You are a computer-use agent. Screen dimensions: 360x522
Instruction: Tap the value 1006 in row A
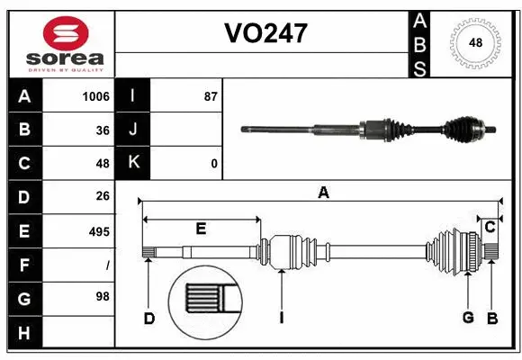(94, 96)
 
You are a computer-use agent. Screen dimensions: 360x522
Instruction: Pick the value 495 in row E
(98, 231)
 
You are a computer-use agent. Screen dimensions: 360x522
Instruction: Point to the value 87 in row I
(210, 96)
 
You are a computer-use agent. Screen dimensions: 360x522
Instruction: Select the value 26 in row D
(102, 197)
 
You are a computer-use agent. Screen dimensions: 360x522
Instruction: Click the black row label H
(24, 333)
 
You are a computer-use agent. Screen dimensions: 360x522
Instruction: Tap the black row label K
(134, 164)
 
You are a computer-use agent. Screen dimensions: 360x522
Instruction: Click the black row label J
(134, 130)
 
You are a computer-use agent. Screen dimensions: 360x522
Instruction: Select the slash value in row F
(107, 265)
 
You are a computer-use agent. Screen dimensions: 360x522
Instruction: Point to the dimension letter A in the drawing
(321, 192)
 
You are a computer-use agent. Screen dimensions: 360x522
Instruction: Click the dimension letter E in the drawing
(201, 229)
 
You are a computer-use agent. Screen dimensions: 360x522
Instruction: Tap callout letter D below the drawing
(149, 318)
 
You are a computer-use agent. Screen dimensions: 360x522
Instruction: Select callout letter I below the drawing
(282, 318)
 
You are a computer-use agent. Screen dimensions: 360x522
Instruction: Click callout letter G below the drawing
(467, 318)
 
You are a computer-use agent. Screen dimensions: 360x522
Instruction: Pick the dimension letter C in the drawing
(490, 227)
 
